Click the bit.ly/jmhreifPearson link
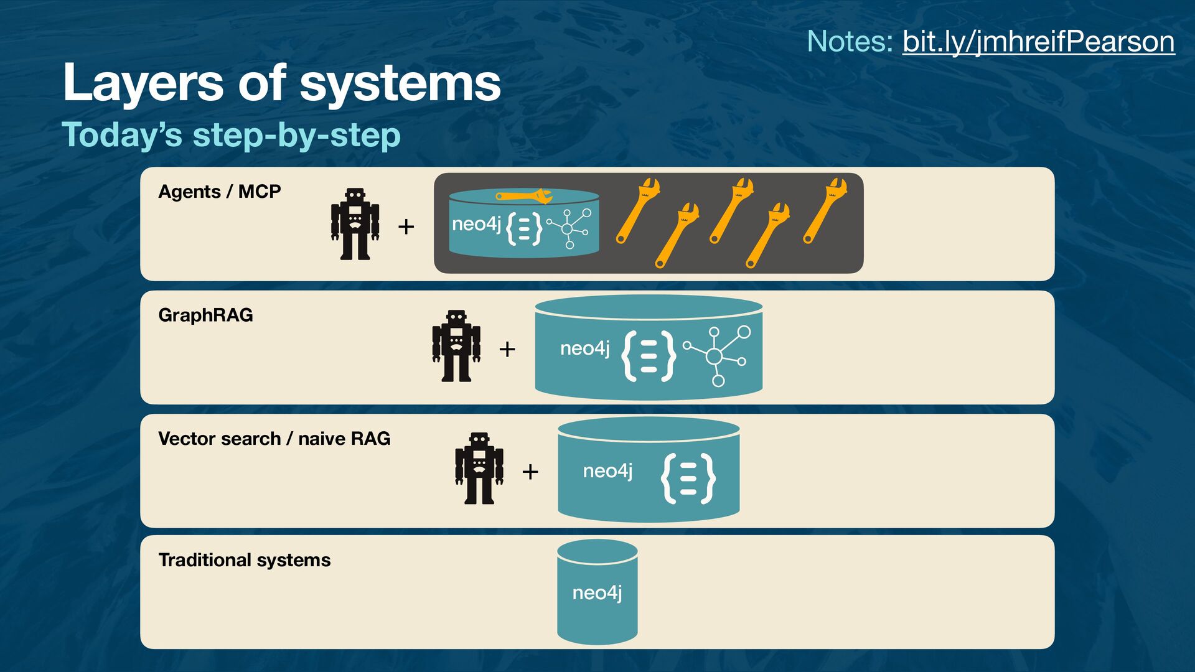[x=1038, y=42]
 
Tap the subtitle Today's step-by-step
[x=231, y=134]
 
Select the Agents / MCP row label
[x=219, y=191]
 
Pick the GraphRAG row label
[x=205, y=315]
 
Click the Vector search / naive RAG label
[x=274, y=438]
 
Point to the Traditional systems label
[x=244, y=560]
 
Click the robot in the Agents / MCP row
[x=355, y=224]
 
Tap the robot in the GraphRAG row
[x=456, y=346]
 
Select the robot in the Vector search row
[x=479, y=469]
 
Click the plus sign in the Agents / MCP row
[x=406, y=226]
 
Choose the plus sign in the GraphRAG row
[x=507, y=349]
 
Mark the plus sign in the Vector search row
[x=530, y=472]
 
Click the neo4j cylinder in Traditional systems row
[x=597, y=592]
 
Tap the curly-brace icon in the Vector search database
[x=688, y=478]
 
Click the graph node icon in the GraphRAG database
[x=718, y=355]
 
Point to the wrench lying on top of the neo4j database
[x=524, y=197]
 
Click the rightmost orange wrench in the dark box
[x=825, y=210]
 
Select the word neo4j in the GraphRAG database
[x=584, y=348]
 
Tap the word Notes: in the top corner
[x=850, y=42]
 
